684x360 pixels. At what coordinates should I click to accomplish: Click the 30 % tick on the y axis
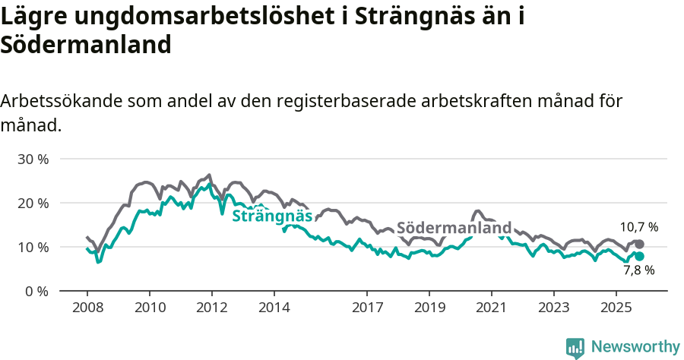(33, 159)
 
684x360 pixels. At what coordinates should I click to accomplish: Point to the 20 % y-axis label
(33, 204)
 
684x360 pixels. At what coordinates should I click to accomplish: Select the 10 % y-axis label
(33, 248)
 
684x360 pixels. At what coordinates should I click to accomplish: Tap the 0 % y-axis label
(36, 292)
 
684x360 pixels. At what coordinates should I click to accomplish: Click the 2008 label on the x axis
(87, 308)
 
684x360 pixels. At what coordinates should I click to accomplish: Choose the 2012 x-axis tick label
(211, 308)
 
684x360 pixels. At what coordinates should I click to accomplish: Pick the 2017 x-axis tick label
(367, 308)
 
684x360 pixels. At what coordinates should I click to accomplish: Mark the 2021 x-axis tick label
(491, 308)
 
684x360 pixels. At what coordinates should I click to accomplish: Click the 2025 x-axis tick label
(616, 308)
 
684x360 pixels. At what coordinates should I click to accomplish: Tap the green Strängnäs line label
(272, 216)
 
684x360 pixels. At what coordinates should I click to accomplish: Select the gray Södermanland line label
(454, 228)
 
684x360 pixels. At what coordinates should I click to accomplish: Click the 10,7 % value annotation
(638, 227)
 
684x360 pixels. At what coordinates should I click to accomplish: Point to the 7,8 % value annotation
(638, 270)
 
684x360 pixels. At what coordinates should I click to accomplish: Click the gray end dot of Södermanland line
(640, 244)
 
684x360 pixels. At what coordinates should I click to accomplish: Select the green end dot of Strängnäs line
(640, 257)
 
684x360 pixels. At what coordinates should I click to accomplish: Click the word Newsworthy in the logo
(635, 346)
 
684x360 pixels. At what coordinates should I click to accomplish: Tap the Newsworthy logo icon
(575, 347)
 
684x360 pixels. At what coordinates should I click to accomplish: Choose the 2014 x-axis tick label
(274, 308)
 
